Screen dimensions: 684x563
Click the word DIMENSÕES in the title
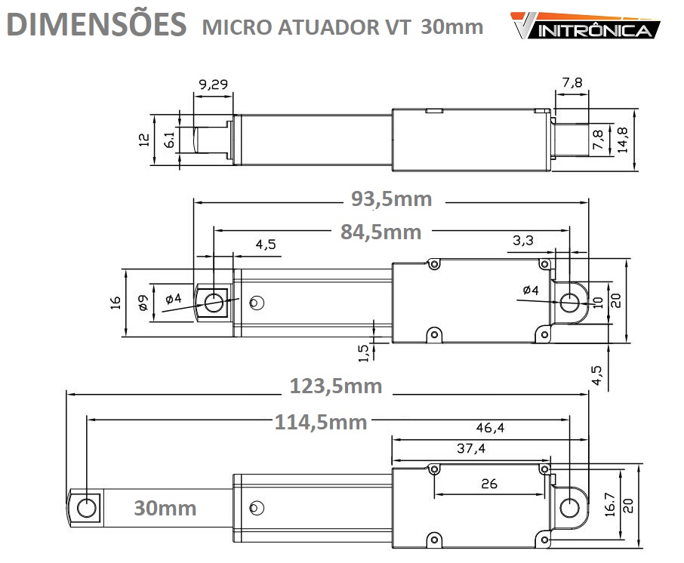[97, 23]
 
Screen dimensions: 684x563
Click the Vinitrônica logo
[585, 26]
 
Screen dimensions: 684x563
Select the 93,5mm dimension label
[391, 199]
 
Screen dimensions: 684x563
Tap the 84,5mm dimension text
[381, 232]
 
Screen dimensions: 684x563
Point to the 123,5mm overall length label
[336, 386]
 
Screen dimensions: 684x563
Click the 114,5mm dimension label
[321, 422]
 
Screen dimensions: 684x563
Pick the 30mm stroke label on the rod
[165, 508]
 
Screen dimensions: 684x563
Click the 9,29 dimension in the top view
[214, 84]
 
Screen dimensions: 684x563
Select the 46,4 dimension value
[490, 427]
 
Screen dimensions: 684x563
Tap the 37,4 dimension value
[470, 448]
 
